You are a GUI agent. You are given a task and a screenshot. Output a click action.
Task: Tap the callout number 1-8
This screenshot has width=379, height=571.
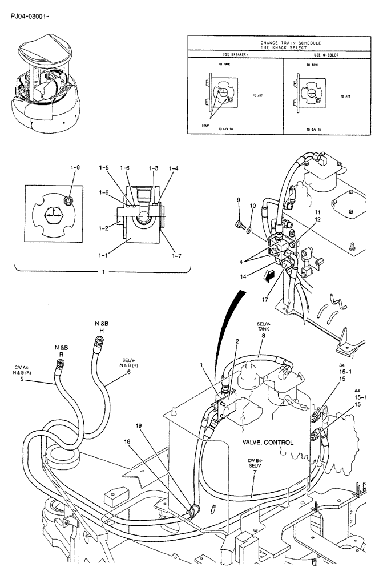coord(75,167)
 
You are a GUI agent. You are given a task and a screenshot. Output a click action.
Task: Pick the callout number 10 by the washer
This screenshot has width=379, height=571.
coord(253,205)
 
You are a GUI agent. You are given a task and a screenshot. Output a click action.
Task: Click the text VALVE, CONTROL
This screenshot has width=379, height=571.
coord(268,443)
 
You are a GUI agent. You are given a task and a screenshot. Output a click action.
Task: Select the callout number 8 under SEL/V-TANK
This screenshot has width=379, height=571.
coord(263,336)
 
